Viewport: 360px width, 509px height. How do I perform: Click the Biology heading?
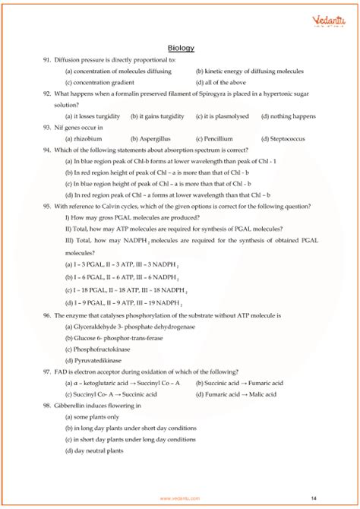181,48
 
